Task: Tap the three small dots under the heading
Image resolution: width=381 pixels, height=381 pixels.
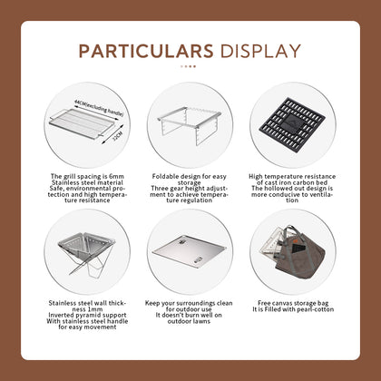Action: click(x=189, y=66)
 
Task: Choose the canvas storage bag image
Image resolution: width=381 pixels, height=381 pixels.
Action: click(x=293, y=249)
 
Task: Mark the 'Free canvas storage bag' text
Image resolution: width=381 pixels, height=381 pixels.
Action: click(x=293, y=300)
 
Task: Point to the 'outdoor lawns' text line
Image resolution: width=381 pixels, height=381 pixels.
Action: click(x=189, y=319)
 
